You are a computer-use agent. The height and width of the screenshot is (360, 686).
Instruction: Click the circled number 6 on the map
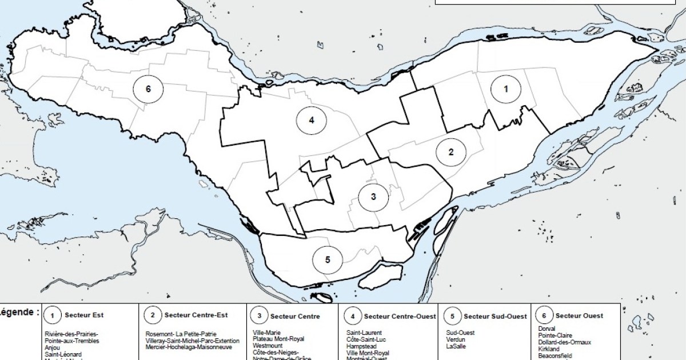[x=148, y=89]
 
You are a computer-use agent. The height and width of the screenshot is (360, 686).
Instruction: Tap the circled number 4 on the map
[x=311, y=120]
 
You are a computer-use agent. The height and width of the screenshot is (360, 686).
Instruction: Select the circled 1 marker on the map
[x=505, y=89]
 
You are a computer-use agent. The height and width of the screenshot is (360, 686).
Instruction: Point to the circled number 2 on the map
[x=451, y=152]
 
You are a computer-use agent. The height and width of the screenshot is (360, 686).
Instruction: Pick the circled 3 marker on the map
[x=373, y=197]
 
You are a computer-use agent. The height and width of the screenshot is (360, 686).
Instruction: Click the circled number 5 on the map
[x=328, y=259]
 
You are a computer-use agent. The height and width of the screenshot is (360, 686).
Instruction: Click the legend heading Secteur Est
[x=84, y=315]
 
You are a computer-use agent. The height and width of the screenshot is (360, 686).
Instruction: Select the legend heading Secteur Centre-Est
[x=196, y=315]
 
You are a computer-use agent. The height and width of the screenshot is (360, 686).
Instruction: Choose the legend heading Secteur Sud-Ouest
[x=495, y=315]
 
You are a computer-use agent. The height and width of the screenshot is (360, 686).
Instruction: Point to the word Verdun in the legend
[x=456, y=340]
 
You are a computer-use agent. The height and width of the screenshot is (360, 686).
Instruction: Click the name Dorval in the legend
[x=547, y=329]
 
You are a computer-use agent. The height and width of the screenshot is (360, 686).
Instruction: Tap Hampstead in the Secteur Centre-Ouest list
[x=361, y=346]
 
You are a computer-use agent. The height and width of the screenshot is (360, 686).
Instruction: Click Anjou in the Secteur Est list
[x=52, y=347]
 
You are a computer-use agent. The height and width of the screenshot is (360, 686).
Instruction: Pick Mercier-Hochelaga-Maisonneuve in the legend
[x=189, y=347]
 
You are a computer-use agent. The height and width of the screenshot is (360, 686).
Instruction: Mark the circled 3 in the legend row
[x=259, y=315]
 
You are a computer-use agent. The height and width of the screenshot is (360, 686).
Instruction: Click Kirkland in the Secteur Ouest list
[x=549, y=349]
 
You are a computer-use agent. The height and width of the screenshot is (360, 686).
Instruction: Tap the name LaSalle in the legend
[x=457, y=346]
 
